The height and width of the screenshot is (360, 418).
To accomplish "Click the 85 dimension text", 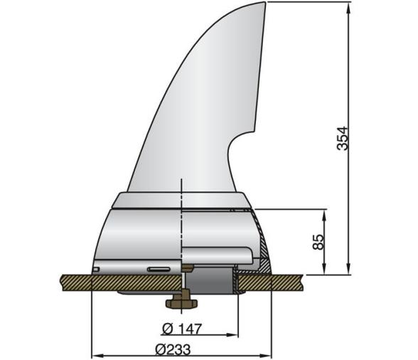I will pos(318,241).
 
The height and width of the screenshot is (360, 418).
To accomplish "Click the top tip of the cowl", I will pos(264,4).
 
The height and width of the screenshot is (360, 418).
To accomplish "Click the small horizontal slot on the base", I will pos(159,269).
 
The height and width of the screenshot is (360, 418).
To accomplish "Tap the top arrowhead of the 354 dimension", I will pos(348,7).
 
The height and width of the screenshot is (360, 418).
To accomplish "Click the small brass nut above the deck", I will pos(187,268).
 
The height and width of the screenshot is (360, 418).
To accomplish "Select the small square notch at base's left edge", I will pos(96,270).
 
